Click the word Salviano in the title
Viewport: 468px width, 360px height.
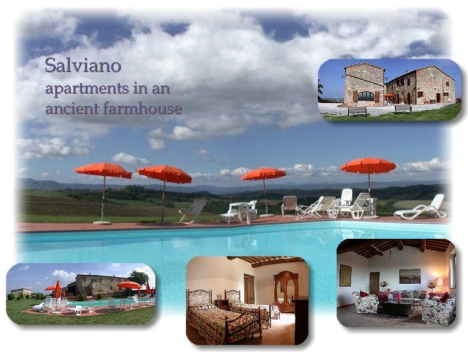pos(83,65)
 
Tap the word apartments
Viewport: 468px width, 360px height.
pos(87,89)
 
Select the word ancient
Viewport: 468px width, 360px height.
pos(72,109)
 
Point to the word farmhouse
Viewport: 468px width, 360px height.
pos(143,109)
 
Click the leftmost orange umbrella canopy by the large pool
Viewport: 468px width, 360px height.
pos(103,170)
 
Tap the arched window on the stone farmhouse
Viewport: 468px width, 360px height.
pos(366,96)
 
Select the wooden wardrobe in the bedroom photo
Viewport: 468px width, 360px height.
pos(286,291)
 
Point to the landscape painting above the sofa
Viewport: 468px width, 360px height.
pos(410,276)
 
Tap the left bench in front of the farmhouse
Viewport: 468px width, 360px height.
pos(357,112)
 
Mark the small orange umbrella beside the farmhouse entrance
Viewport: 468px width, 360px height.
pos(389,96)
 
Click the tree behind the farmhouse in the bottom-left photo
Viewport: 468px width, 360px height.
pos(138,277)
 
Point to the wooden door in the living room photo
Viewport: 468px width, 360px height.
pos(374,283)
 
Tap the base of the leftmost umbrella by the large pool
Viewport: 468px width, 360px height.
pos(102,223)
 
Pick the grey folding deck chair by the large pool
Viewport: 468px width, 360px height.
pos(193,211)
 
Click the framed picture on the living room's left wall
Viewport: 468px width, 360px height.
pos(346,275)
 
